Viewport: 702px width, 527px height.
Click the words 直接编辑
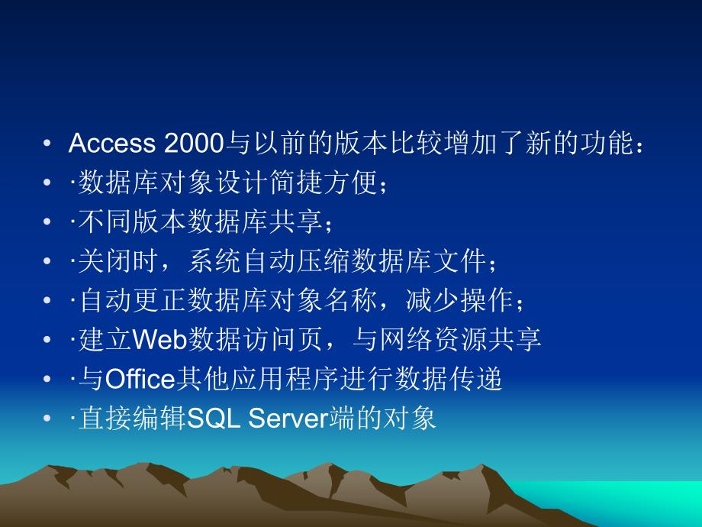(128, 419)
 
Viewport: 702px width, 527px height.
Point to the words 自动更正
(128, 301)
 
